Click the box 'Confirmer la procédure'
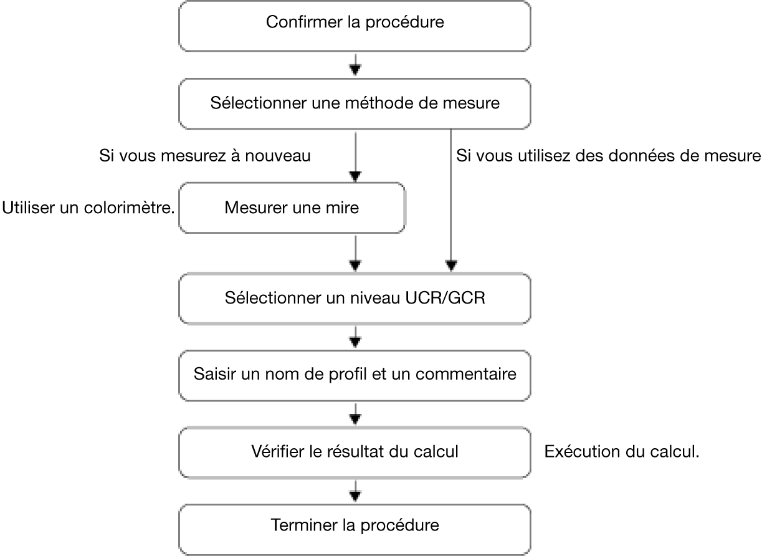pos(355,26)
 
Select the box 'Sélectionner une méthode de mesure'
pos(355,104)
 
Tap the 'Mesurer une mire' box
pos(292,208)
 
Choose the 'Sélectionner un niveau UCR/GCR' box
pos(355,299)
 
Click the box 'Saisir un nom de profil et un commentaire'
pos(355,375)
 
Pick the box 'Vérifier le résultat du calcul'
pos(355,453)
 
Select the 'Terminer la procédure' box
pos(355,530)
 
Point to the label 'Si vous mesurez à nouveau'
pos(205,156)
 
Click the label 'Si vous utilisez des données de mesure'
pos(609,156)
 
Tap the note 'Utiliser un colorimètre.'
pos(88,208)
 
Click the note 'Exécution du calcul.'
pos(622,451)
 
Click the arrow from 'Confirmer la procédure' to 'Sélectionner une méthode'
pos(355,65)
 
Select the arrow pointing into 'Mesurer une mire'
pos(355,157)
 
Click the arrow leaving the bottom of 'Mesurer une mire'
pos(355,254)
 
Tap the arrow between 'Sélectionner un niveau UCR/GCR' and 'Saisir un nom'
pos(355,337)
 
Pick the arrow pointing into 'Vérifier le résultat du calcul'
pos(355,414)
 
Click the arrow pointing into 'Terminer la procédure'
pos(355,491)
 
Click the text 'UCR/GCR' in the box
pos(445,298)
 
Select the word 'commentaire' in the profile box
pos(465,374)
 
